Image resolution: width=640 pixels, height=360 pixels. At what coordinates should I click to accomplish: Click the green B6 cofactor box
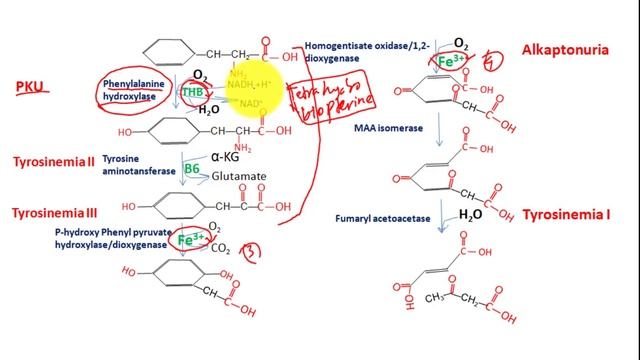click(192, 170)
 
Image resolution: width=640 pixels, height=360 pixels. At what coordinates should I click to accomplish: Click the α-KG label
click(229, 155)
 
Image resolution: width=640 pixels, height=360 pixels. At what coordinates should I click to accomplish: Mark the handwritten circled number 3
click(254, 247)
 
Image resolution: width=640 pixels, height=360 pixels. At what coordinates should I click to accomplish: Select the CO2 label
click(222, 247)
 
